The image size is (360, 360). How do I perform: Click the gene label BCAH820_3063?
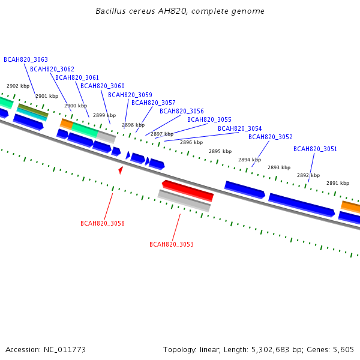tap(26, 59)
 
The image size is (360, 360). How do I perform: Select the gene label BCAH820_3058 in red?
tap(103, 223)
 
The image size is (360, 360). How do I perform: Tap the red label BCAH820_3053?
tap(172, 244)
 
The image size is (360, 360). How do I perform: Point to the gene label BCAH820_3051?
tap(315, 149)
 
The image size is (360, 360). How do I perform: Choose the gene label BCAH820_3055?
tap(209, 119)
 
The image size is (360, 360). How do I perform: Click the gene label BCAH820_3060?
tap(103, 86)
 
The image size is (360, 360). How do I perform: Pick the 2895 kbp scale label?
tap(220, 151)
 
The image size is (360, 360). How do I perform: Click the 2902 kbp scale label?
tap(18, 86)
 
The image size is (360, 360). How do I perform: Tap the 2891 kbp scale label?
tap(338, 183)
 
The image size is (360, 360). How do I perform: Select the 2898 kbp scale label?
tap(133, 125)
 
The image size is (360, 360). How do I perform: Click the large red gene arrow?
tap(188, 191)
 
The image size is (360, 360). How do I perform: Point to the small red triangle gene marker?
tap(121, 170)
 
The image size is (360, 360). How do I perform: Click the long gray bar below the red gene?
tap(184, 200)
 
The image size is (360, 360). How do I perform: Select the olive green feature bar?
tap(33, 110)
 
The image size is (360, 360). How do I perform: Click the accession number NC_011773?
tap(65, 350)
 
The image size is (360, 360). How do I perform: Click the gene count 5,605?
tap(343, 350)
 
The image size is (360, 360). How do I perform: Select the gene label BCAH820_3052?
tap(271, 137)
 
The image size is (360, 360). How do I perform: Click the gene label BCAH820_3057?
tap(154, 103)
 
